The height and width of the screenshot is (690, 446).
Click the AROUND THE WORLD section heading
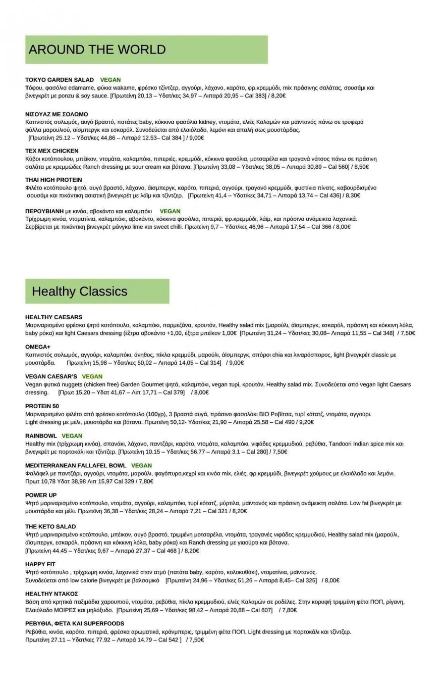click(97, 50)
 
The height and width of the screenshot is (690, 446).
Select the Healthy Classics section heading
click(79, 291)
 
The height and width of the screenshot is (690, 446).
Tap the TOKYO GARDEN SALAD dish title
click(60, 80)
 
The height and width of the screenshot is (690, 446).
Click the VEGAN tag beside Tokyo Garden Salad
click(110, 80)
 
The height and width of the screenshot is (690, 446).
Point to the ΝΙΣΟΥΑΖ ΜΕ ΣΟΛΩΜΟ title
click(57, 114)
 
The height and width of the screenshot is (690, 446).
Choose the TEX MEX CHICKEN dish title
click(52, 151)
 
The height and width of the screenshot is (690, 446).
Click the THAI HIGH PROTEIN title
click(53, 180)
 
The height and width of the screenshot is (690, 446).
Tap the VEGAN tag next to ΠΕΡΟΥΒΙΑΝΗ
click(170, 211)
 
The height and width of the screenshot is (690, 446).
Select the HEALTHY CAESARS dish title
click(53, 317)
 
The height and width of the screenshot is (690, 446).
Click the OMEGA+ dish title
click(38, 347)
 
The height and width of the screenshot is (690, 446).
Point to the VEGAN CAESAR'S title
click(51, 376)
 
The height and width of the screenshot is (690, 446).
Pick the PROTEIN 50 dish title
click(42, 406)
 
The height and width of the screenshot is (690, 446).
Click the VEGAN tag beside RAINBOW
click(72, 435)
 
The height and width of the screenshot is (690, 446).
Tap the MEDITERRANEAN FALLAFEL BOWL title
click(76, 465)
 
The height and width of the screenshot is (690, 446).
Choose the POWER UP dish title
click(41, 495)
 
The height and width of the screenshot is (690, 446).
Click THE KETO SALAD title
click(50, 526)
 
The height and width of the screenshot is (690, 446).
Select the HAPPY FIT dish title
click(40, 564)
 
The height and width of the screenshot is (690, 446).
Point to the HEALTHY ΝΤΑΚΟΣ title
click(51, 594)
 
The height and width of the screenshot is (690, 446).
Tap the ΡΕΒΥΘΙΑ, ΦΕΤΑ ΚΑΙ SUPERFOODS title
click(75, 623)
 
